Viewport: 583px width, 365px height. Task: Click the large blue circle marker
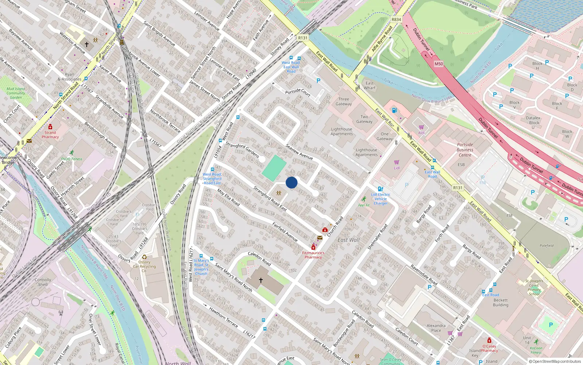[291, 182]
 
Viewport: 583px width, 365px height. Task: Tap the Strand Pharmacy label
[50, 135]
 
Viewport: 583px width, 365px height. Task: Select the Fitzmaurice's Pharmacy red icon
[313, 247]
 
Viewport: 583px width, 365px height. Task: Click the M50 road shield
[439, 64]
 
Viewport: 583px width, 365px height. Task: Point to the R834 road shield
[396, 20]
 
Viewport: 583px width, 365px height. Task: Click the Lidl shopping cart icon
[396, 162]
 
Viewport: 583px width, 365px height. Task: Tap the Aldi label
[421, 133]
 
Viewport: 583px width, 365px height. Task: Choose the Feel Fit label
[364, 205]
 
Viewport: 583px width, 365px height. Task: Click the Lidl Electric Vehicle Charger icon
[380, 189]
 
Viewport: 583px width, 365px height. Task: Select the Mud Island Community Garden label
[16, 93]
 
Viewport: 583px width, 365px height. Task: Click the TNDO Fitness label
[71, 159]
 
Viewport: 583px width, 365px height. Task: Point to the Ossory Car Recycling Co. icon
[144, 257]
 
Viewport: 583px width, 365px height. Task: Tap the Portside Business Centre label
[465, 150]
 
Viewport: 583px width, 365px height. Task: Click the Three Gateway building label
[344, 101]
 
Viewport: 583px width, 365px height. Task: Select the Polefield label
[547, 246]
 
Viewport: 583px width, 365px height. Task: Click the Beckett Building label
[500, 303]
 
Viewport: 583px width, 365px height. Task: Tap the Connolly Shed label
[43, 282]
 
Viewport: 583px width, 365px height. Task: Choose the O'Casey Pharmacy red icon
[489, 341]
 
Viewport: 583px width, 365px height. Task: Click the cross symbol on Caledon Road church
[261, 280]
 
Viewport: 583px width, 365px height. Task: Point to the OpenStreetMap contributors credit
[555, 361]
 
